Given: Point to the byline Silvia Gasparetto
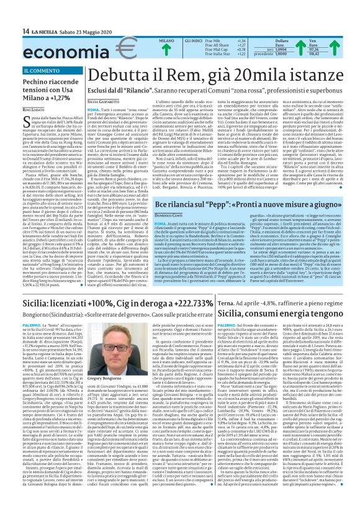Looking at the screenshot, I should (105, 100).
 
